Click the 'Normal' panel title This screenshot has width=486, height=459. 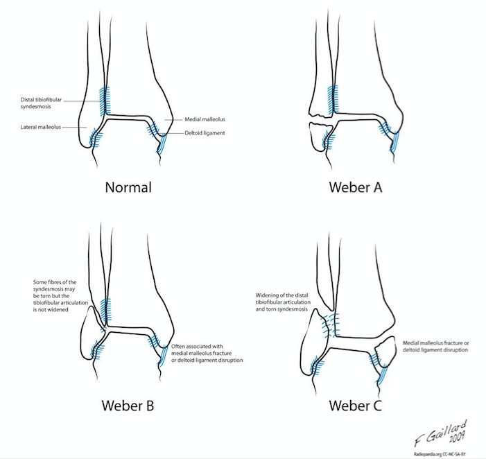coord(128,187)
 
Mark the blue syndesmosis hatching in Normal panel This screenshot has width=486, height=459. coord(105,100)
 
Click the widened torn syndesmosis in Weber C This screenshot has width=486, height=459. coord(332,322)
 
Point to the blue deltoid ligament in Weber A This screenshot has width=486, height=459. coord(396,141)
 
